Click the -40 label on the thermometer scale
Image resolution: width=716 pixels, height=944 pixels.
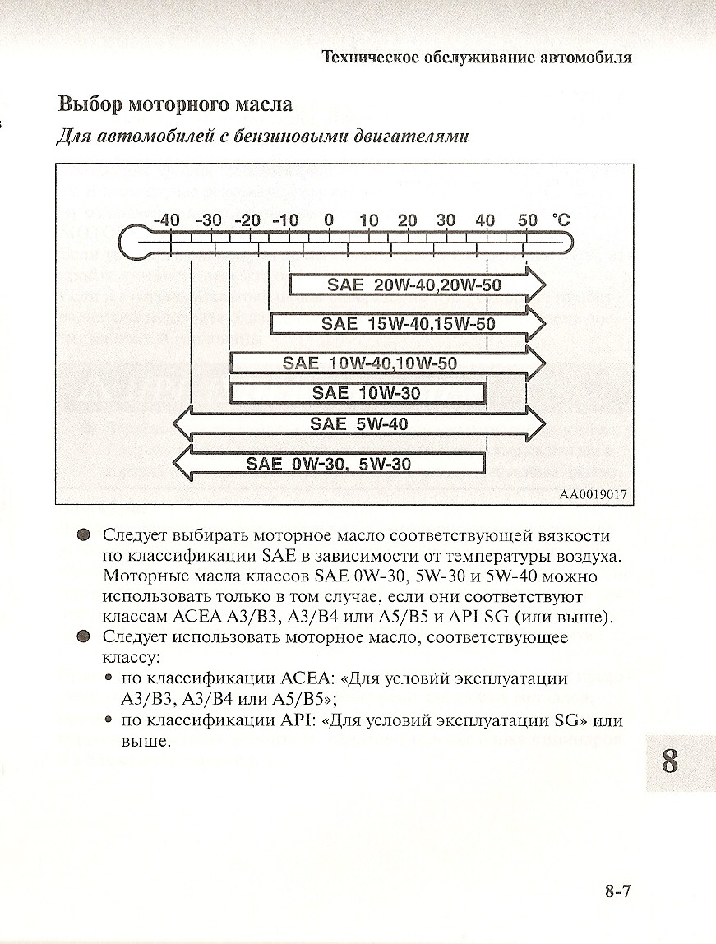(x=167, y=220)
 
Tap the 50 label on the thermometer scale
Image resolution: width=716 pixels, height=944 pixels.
(x=527, y=220)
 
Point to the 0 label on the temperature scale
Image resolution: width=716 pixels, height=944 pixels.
(x=329, y=220)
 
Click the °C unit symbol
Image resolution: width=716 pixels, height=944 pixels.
(x=561, y=220)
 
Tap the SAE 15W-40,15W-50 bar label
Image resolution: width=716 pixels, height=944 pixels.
(x=409, y=324)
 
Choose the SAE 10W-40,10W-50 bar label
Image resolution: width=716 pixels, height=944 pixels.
(x=370, y=363)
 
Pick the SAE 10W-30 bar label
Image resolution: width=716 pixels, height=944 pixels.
(x=366, y=393)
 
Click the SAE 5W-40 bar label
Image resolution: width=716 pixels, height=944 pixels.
(x=359, y=424)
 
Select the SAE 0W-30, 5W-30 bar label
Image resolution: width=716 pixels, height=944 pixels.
(x=329, y=464)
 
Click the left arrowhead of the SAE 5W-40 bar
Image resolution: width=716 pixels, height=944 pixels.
(x=182, y=424)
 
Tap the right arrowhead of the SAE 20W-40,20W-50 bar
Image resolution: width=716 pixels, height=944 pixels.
(x=535, y=285)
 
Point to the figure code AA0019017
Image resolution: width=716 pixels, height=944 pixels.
(x=594, y=495)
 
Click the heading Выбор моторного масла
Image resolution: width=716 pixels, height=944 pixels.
(x=175, y=105)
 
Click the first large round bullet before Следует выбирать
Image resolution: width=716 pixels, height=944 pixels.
(x=82, y=535)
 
